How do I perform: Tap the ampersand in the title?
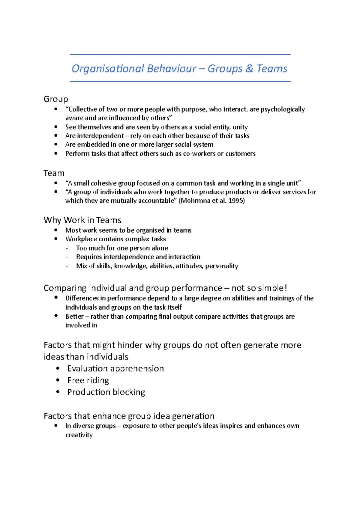click(249, 69)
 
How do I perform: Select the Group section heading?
click(56, 99)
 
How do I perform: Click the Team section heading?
click(54, 173)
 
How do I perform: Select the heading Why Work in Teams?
click(82, 220)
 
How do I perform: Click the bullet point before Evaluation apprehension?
click(58, 368)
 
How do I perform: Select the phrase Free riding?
click(88, 380)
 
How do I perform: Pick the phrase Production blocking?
click(106, 392)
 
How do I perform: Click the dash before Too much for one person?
click(67, 248)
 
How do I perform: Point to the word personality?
click(222, 266)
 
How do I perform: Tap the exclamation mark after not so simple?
click(286, 288)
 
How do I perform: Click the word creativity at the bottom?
click(79, 435)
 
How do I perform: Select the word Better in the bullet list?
click(74, 317)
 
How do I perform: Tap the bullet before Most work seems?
click(56, 230)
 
